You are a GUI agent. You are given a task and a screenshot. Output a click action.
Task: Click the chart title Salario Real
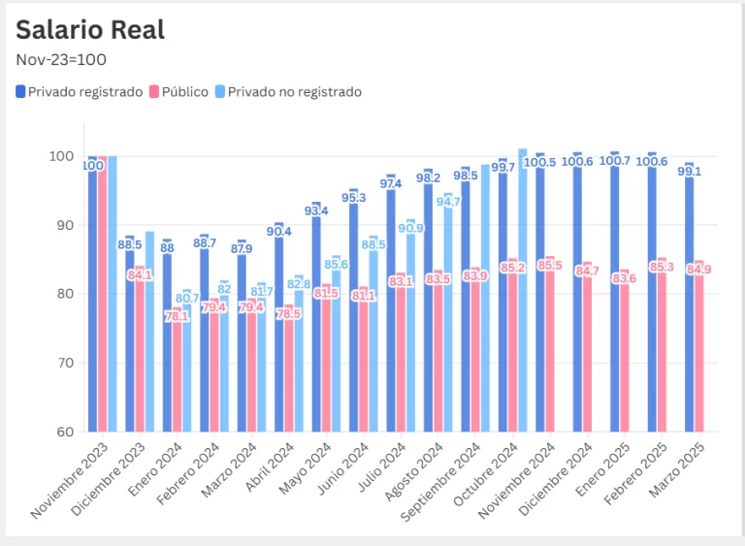coord(90,29)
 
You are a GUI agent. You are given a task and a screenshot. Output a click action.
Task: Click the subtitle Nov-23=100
coord(61,59)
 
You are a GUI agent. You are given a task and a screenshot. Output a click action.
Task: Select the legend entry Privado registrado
coord(79,92)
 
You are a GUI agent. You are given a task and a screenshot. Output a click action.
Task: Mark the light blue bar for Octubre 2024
coord(523,291)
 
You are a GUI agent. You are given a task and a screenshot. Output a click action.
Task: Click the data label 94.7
coord(448,202)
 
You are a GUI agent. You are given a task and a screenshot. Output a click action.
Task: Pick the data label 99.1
coord(690,171)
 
